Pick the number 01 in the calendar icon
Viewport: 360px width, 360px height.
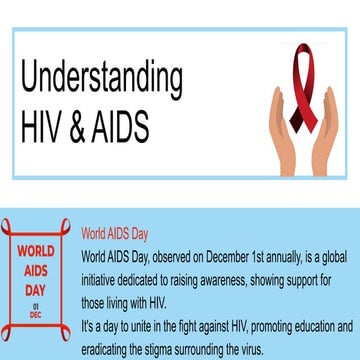(36, 304)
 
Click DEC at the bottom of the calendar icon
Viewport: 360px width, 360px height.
(36, 313)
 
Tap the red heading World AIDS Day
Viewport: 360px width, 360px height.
(115, 234)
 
